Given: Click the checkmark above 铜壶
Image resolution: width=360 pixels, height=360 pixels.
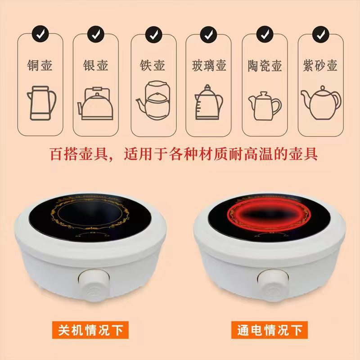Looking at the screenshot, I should (x=40, y=32).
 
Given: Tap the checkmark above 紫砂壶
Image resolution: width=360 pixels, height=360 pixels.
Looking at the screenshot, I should (x=319, y=32).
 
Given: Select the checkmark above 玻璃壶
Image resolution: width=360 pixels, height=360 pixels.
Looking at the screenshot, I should (x=208, y=32).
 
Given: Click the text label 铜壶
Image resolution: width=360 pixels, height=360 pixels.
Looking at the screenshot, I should (x=40, y=65).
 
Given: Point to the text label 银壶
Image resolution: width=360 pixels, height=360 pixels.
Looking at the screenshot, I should (x=95, y=65).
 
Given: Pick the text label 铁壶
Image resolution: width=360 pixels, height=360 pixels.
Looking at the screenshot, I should (x=152, y=65).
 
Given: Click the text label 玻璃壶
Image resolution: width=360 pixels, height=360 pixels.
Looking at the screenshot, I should (x=208, y=65).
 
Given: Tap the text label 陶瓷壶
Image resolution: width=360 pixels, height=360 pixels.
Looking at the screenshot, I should (x=264, y=65).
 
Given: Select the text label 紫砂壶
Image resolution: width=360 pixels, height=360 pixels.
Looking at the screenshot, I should (x=319, y=65).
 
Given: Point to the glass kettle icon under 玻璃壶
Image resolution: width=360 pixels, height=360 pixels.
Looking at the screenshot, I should (x=208, y=102).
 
